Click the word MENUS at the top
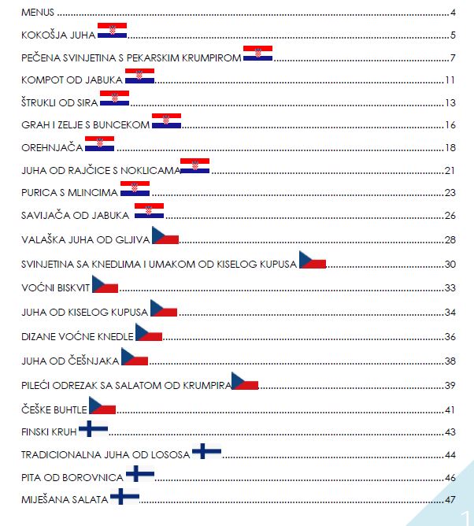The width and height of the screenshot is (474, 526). click(x=38, y=13)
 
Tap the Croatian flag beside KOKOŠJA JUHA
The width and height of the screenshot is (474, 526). click(x=112, y=31)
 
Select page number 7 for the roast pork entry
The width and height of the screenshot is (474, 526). click(x=453, y=58)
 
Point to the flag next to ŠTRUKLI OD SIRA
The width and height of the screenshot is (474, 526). click(x=114, y=98)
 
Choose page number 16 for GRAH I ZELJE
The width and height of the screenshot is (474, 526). click(x=450, y=125)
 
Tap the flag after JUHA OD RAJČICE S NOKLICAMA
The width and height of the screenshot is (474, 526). click(x=194, y=165)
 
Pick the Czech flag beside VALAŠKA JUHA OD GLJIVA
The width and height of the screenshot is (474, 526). click(x=165, y=235)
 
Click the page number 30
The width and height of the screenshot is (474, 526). click(x=450, y=265)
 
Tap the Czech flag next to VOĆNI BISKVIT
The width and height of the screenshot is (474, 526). click(x=105, y=285)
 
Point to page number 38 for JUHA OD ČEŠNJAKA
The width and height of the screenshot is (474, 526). click(x=450, y=361)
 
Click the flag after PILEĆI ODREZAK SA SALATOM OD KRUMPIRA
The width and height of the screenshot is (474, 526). click(x=245, y=382)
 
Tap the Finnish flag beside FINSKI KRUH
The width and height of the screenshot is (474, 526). click(x=94, y=428)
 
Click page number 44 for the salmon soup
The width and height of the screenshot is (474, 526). click(x=450, y=455)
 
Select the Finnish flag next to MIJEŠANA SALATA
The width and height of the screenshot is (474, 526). click(x=125, y=496)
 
